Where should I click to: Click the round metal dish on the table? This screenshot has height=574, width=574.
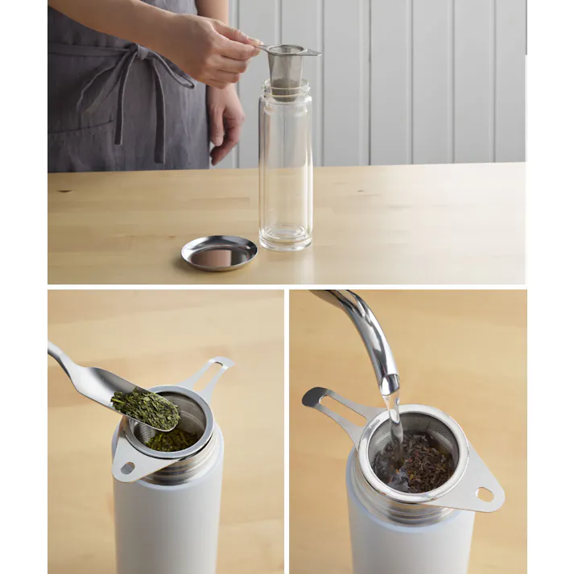pos(219,253)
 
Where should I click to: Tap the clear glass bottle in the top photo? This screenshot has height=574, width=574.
pos(285,169)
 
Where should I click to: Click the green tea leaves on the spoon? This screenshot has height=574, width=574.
pos(146,407)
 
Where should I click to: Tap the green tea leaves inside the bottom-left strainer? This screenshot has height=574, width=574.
pos(171,439)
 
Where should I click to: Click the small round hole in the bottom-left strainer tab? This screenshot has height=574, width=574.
pos(127,468)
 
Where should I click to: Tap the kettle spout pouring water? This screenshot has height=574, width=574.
pos(366,330)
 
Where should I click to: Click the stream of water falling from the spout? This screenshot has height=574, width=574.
pos(394,419)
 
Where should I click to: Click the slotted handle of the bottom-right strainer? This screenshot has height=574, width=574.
pos(334,407)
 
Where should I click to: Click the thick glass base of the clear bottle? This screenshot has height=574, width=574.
pos(285,238)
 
